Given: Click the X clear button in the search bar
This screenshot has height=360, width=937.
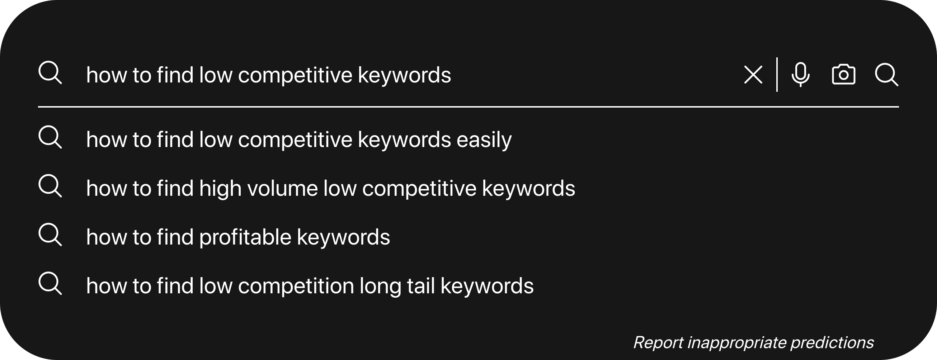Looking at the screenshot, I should click(753, 75).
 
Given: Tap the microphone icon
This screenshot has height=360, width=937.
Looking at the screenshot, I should click(801, 75).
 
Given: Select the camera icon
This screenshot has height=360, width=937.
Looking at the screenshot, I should click(843, 75).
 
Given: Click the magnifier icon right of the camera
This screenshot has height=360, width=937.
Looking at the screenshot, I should click(886, 75).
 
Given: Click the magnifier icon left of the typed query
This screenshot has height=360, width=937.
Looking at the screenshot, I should click(50, 73).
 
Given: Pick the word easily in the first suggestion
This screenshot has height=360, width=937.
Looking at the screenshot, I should click(484, 140).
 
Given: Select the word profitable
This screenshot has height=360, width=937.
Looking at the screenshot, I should click(245, 237).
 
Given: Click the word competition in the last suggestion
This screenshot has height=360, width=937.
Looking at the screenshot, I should click(296, 286).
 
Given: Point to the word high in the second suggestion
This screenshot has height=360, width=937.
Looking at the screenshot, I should click(220, 189).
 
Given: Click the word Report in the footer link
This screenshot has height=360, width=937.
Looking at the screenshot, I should click(658, 342).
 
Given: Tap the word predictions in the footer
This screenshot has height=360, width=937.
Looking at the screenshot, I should click(832, 343).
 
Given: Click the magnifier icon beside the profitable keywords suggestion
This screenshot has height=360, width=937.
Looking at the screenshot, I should click(50, 235).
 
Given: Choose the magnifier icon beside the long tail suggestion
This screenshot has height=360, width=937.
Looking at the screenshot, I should click(50, 283).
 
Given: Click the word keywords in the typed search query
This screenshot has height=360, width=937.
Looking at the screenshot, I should click(404, 75).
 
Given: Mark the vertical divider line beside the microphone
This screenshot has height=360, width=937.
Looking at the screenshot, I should click(777, 75).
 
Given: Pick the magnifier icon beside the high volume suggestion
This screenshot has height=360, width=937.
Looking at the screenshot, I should click(50, 186).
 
